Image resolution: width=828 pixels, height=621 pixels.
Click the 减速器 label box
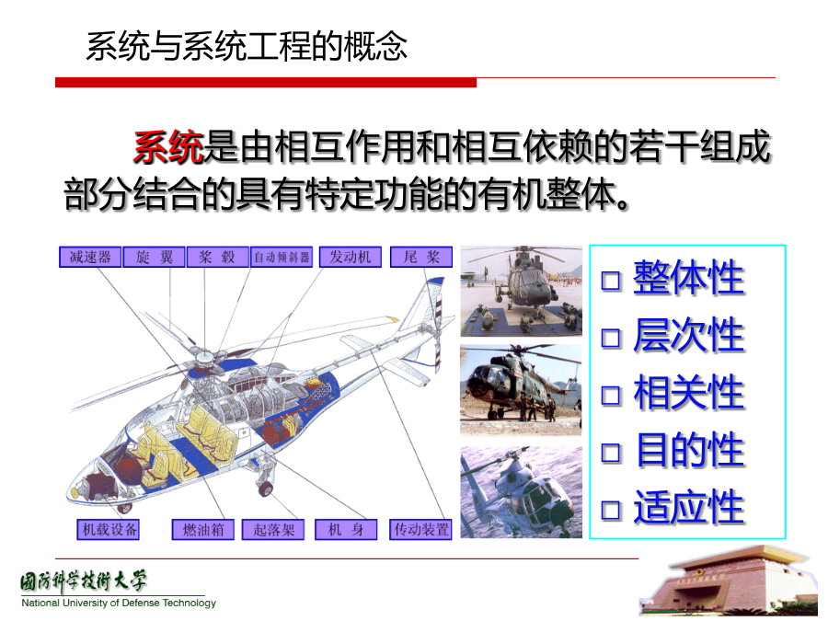tap(90, 258)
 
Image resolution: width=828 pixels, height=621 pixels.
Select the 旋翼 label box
tap(155, 258)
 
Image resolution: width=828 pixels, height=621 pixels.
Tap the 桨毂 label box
tap(217, 258)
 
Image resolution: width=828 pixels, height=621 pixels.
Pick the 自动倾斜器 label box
tap(282, 258)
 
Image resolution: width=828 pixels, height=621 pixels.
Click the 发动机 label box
tap(351, 258)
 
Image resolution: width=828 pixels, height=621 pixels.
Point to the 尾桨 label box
tap(421, 258)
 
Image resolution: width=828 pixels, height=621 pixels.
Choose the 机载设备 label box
tap(109, 530)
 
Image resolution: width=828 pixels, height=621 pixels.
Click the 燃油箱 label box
tap(203, 530)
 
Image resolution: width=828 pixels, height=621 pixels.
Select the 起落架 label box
tap(273, 530)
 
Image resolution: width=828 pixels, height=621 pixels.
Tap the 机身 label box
tap(346, 530)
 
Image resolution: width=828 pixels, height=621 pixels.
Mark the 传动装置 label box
tap(420, 530)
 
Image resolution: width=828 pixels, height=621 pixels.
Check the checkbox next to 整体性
tap(611, 281)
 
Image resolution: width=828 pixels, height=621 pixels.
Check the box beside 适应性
tap(611, 510)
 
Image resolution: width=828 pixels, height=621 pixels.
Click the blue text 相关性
tap(689, 393)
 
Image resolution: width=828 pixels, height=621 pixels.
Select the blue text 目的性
tap(689, 450)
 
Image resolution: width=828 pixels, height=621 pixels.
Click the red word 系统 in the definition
tap(168, 147)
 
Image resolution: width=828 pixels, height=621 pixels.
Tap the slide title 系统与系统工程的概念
tap(247, 47)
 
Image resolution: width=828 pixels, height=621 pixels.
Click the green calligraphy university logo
tap(84, 582)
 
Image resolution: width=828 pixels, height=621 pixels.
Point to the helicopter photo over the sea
tap(522, 492)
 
